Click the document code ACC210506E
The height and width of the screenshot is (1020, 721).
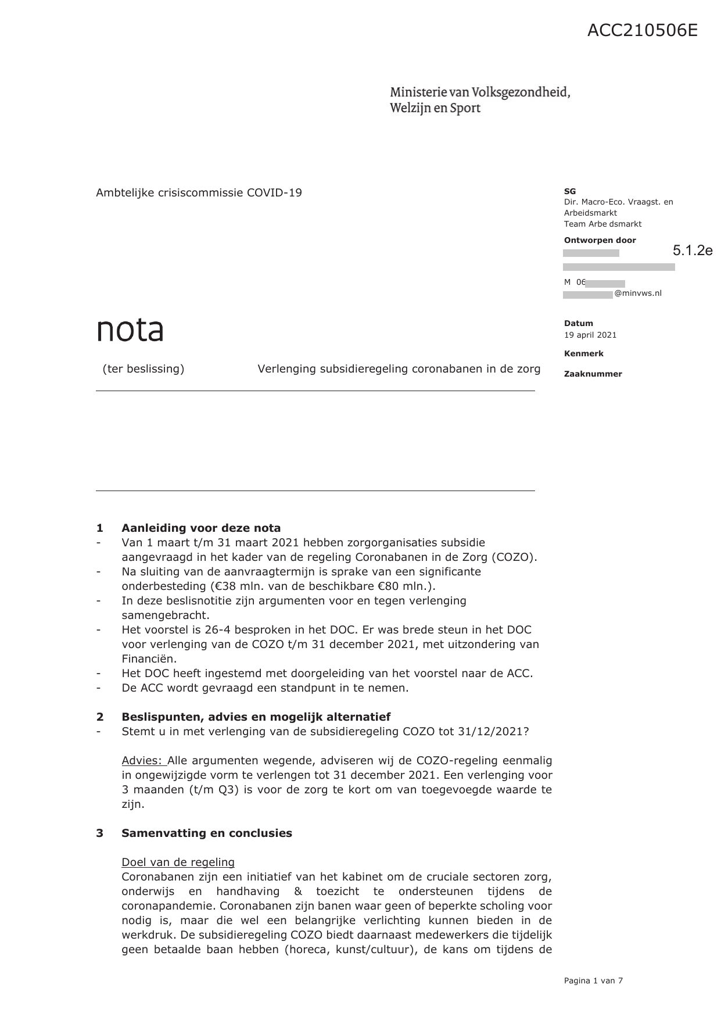(x=642, y=30)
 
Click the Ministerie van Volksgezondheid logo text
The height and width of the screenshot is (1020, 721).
(x=479, y=100)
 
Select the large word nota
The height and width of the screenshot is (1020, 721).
(x=130, y=330)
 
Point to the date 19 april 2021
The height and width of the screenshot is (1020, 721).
(x=590, y=335)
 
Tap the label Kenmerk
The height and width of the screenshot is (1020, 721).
(x=583, y=353)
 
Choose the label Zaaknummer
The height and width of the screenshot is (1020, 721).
(x=593, y=374)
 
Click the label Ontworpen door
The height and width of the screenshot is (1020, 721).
(x=600, y=240)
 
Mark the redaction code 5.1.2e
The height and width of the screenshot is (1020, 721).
(x=693, y=250)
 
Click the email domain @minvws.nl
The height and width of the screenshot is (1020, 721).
(x=638, y=294)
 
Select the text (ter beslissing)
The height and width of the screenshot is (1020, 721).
(x=144, y=369)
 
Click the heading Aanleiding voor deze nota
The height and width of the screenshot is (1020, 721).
(x=201, y=528)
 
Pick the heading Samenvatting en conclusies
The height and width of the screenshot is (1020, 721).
(x=207, y=833)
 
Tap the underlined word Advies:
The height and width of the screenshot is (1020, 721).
(x=143, y=761)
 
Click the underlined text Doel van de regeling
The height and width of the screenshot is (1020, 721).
(x=178, y=862)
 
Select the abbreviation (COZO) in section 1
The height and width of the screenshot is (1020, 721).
(x=514, y=557)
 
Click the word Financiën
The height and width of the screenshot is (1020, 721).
(x=149, y=658)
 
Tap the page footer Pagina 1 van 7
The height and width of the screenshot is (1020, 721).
(x=593, y=980)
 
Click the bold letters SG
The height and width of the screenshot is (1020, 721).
(x=569, y=191)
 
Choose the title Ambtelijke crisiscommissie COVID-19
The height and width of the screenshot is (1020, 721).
(x=199, y=193)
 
